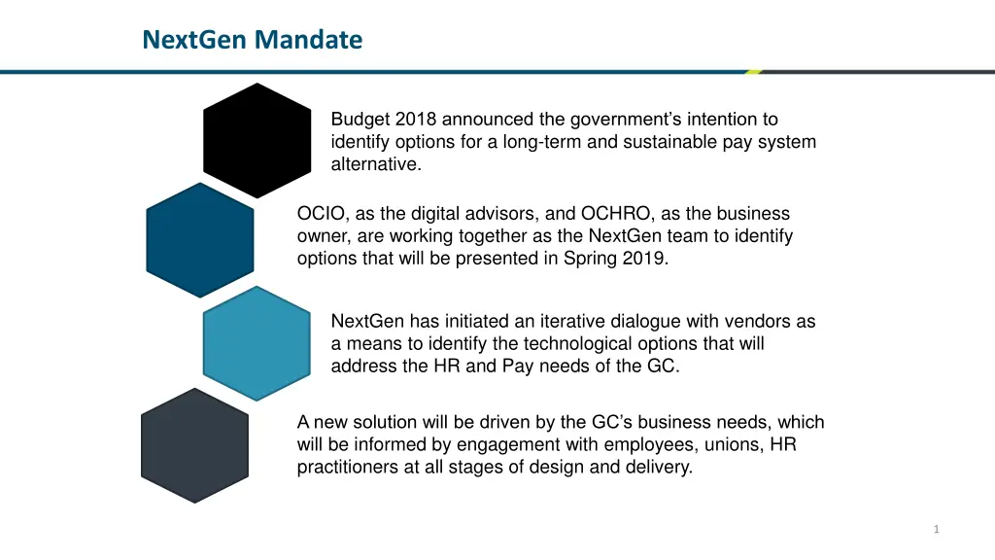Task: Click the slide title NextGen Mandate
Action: pos(252,40)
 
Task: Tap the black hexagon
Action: pos(257,140)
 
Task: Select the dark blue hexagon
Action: pos(199,239)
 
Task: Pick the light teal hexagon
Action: pos(257,342)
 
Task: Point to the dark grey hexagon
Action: pos(195,445)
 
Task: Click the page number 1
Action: pos(936,529)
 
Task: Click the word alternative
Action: pos(376,164)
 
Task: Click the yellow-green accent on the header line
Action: pos(754,71)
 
